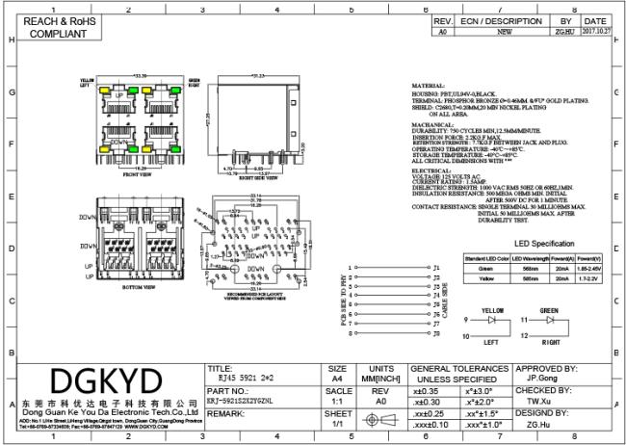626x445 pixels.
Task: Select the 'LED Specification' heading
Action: (543, 244)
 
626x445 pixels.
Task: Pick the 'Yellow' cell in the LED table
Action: (486, 279)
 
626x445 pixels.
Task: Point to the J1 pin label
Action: (436, 266)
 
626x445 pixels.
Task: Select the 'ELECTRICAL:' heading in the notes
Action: (430, 170)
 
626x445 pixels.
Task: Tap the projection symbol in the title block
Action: (377, 422)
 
